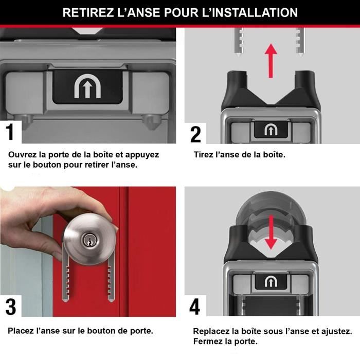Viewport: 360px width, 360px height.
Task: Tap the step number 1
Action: pos(10,132)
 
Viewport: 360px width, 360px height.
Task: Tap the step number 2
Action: pos(195,133)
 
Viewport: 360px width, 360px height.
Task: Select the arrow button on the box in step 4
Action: pos(271,281)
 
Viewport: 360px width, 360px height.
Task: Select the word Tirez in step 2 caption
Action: pos(204,154)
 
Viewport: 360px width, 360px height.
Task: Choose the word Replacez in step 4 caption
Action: pos(211,331)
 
